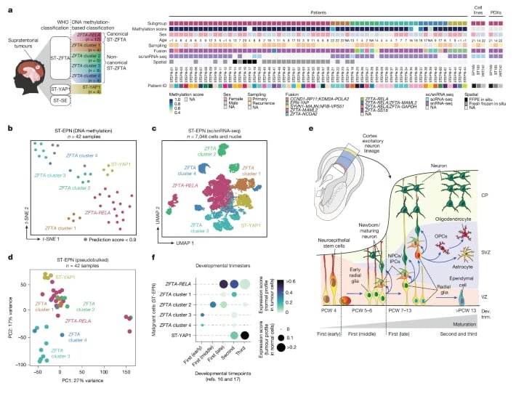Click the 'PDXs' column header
pos(500,12)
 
